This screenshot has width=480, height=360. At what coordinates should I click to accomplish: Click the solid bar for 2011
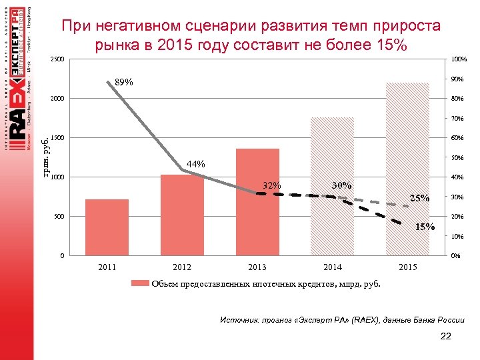[107, 227]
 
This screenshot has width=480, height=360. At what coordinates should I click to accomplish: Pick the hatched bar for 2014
[332, 187]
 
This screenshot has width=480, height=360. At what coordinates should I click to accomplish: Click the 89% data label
[124, 83]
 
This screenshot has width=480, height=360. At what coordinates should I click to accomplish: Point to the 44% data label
[196, 164]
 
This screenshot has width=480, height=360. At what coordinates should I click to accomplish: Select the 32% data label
[271, 185]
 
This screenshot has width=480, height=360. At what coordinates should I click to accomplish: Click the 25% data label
[420, 198]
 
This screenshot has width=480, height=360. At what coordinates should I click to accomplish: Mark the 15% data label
[425, 227]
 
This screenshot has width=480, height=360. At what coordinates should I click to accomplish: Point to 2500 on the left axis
[58, 61]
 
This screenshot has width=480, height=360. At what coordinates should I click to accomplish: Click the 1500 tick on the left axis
[58, 139]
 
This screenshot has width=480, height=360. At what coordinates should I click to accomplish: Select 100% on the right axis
[458, 61]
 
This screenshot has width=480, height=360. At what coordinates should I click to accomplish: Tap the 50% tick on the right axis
[457, 158]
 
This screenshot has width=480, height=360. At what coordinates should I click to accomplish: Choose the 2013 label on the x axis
[257, 267]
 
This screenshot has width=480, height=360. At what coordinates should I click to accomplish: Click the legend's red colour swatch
[140, 283]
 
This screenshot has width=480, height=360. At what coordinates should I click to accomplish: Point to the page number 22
[446, 336]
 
